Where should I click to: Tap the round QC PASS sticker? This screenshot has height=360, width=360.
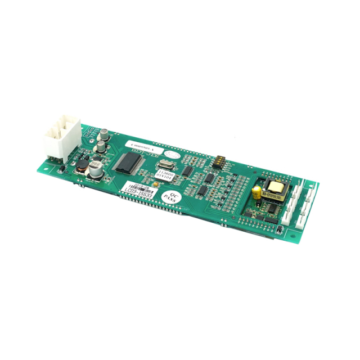point(170,199)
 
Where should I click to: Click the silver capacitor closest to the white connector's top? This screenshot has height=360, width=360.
point(105,136)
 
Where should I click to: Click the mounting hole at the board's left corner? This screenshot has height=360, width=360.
point(58,169)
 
